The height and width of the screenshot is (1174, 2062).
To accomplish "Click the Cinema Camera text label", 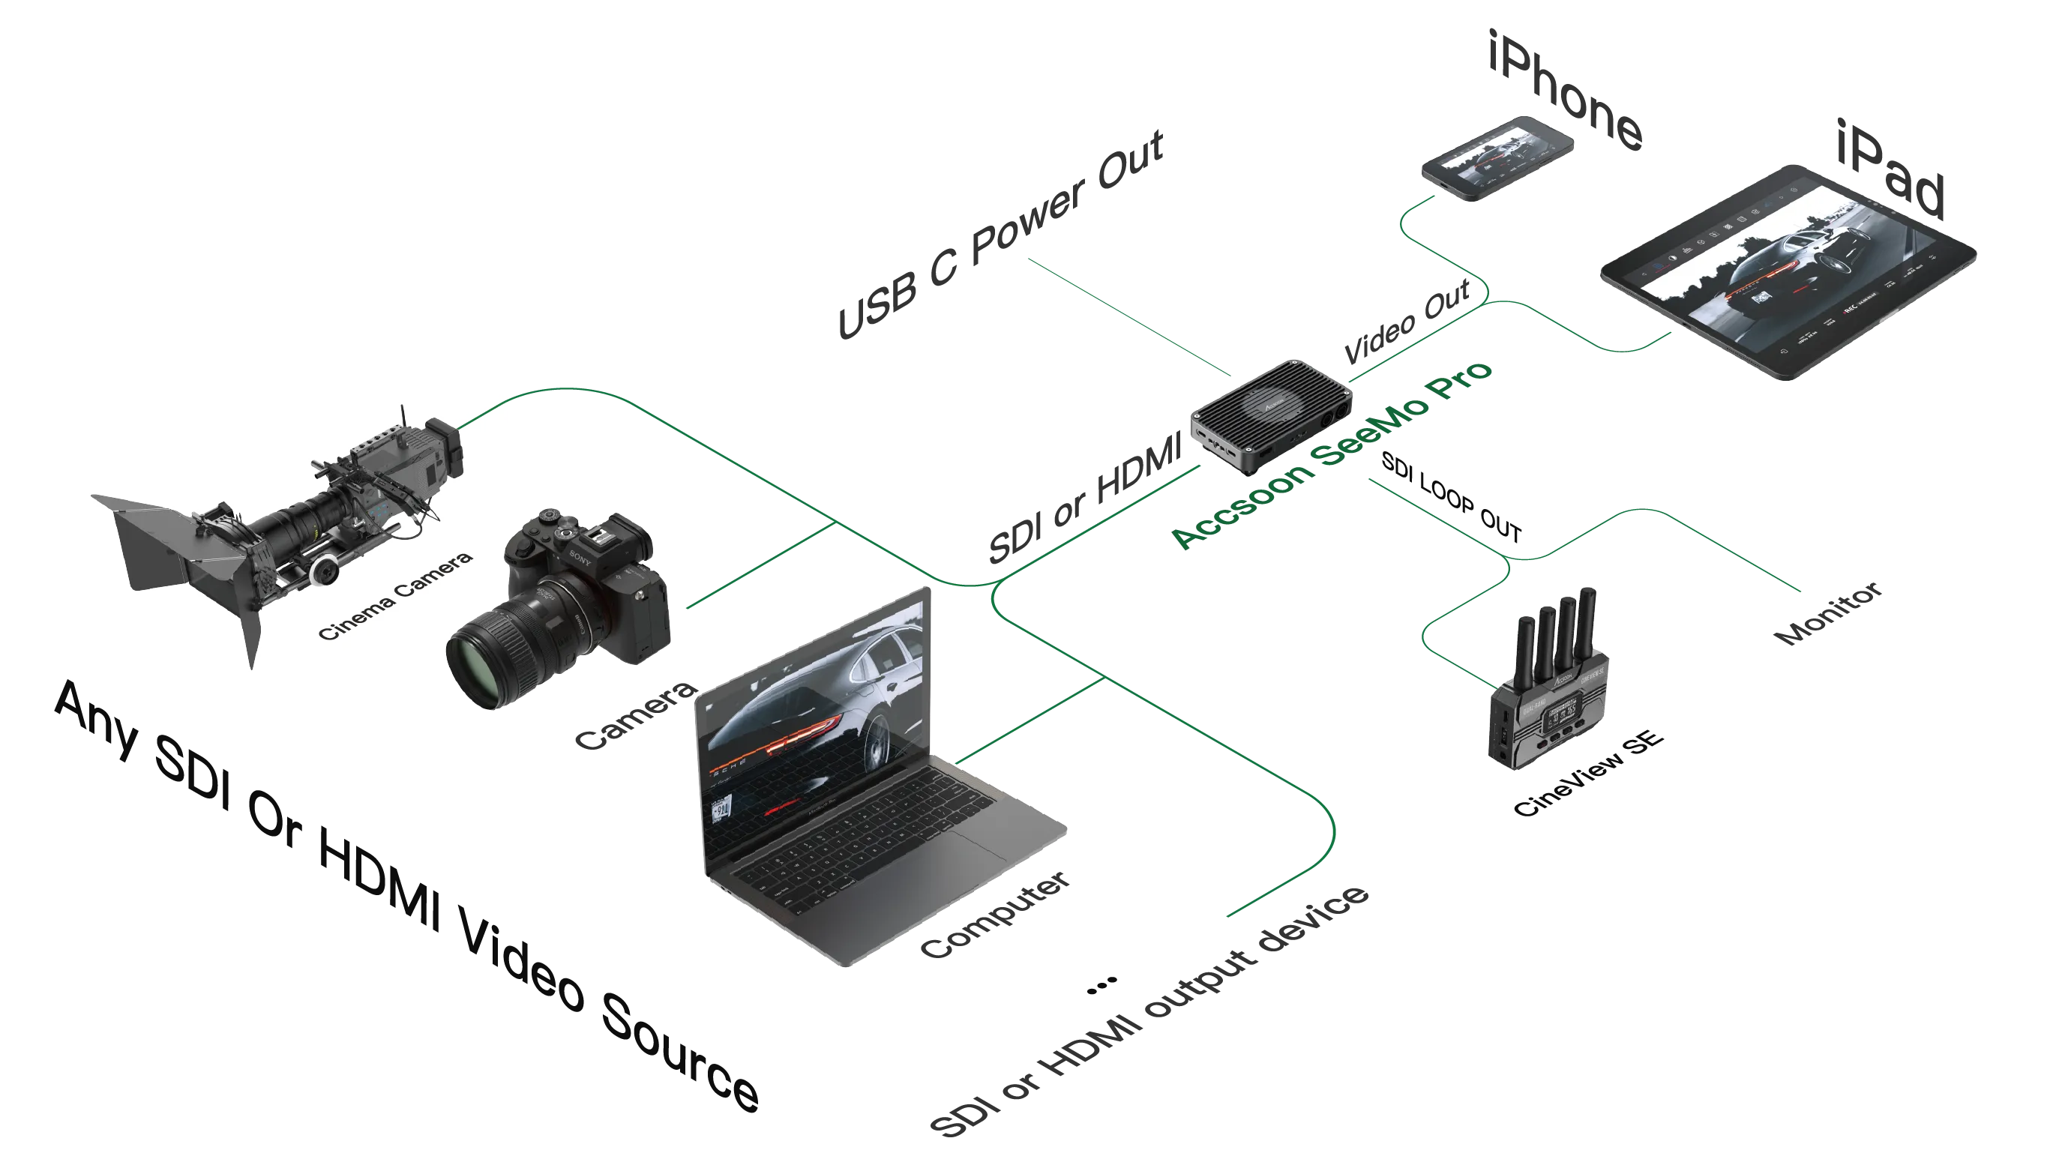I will tap(395, 596).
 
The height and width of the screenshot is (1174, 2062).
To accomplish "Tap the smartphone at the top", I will tap(1497, 159).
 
